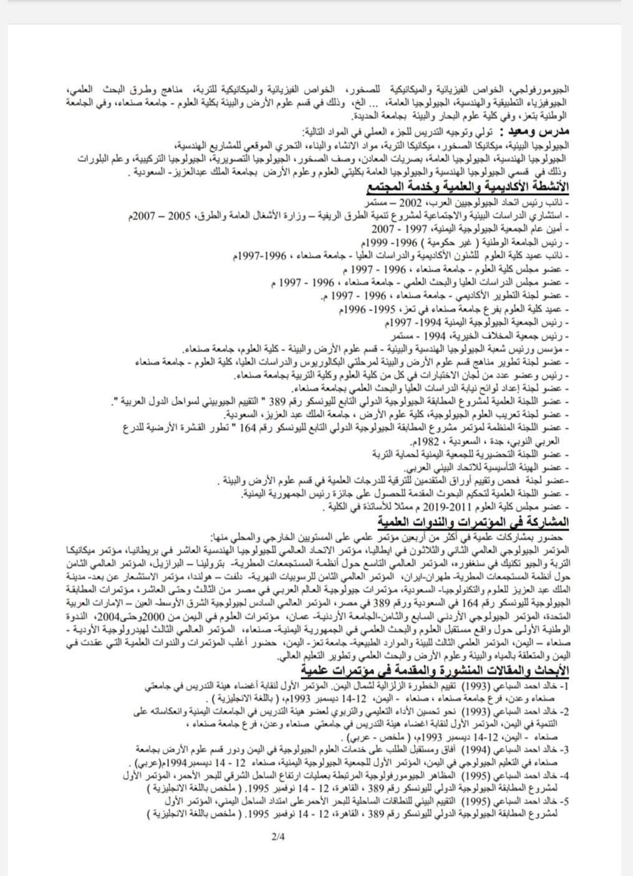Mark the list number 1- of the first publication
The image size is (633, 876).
click(x=563, y=686)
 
